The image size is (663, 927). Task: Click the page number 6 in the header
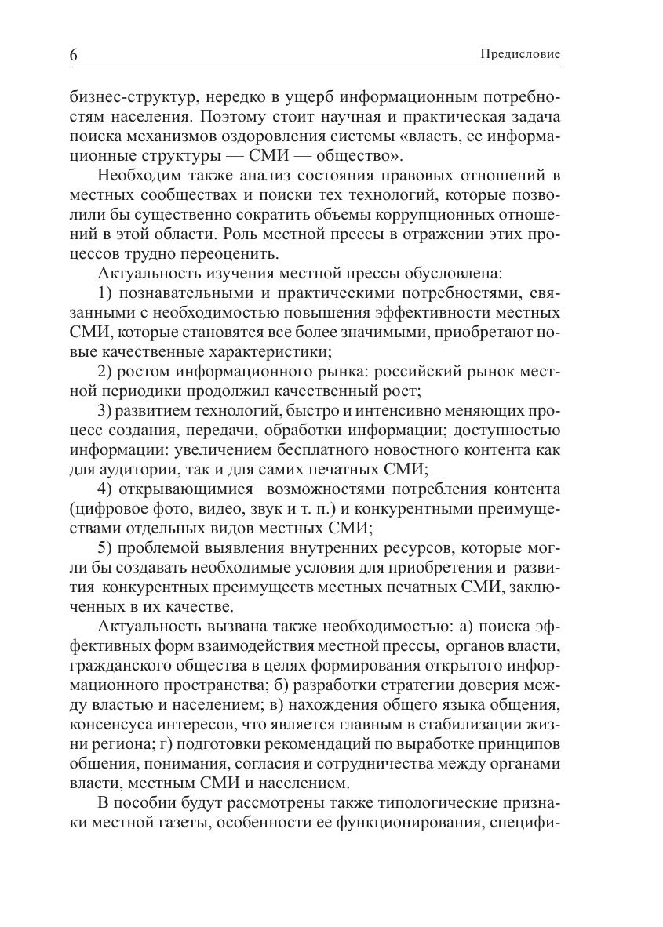(74, 56)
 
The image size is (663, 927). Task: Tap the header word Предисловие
(520, 55)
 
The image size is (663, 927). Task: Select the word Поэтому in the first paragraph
(233, 117)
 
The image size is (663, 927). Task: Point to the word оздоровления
(293, 136)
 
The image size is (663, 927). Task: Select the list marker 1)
(106, 293)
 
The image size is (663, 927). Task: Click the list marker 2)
(106, 372)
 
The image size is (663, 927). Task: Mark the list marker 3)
(106, 411)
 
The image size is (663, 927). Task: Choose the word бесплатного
(337, 450)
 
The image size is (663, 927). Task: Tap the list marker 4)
(106, 489)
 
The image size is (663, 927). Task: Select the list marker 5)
(106, 548)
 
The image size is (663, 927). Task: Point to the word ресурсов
(424, 548)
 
